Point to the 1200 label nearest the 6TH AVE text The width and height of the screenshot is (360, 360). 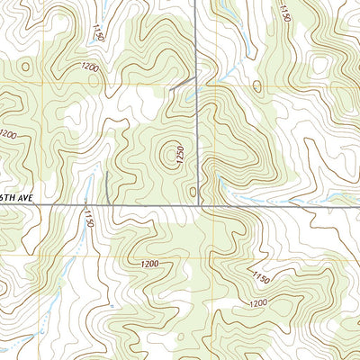[x=8, y=134]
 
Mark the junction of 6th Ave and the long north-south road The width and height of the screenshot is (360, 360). [x=199, y=205]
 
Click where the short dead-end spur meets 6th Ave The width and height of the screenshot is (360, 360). [x=110, y=205]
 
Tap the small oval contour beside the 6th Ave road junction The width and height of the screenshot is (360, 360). [x=193, y=191]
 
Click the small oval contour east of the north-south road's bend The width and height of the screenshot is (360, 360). [x=256, y=87]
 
